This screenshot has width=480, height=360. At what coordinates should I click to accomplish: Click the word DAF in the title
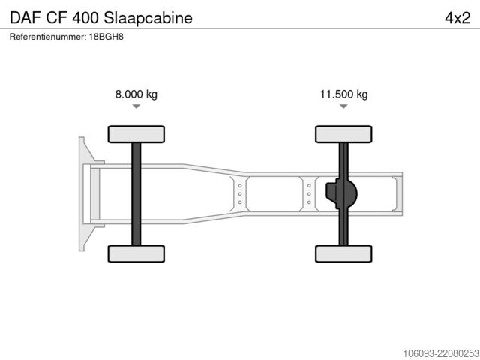(x=25, y=18)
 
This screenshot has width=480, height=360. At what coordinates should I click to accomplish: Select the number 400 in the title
(x=85, y=18)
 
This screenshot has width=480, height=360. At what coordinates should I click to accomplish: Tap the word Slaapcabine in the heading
(x=148, y=18)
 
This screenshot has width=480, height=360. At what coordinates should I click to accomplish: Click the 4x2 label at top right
(x=457, y=18)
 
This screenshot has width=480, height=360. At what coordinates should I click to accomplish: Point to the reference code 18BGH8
(x=106, y=37)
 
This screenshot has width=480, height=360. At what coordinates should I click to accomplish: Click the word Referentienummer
(x=48, y=37)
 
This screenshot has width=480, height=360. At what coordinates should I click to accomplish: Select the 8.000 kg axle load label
(x=136, y=94)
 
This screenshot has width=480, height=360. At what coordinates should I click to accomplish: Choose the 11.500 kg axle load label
(x=343, y=94)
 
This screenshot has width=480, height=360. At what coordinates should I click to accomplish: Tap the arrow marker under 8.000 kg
(x=136, y=106)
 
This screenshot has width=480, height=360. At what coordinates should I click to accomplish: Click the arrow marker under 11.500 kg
(x=343, y=106)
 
